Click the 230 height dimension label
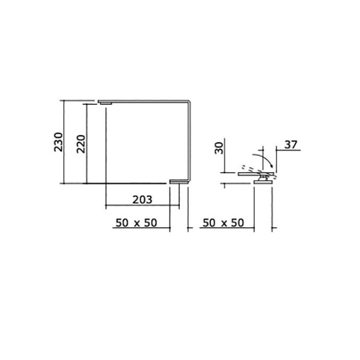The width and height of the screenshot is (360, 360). click(58, 142)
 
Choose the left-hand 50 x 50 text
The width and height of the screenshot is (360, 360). click(136, 223)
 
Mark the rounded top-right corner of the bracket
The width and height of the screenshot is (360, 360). click(188, 102)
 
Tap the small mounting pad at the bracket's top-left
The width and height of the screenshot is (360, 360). click(105, 103)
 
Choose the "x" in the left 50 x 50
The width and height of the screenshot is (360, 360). click(136, 223)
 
